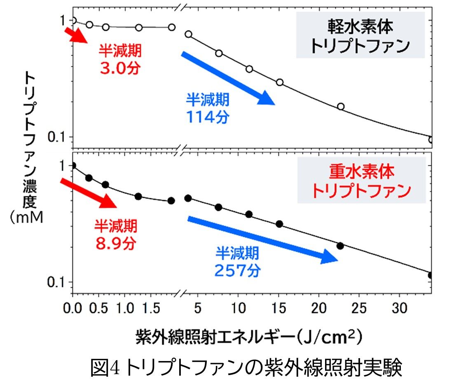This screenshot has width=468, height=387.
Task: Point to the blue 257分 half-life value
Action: click(x=237, y=270)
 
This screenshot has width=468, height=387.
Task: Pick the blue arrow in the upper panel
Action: click(x=228, y=78)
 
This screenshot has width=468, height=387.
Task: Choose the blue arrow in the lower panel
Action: click(x=262, y=238)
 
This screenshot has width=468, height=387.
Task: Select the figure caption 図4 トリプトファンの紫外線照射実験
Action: click(x=246, y=368)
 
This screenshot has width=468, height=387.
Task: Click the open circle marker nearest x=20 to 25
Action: click(x=341, y=106)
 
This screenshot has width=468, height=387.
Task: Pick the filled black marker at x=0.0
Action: click(x=73, y=166)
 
